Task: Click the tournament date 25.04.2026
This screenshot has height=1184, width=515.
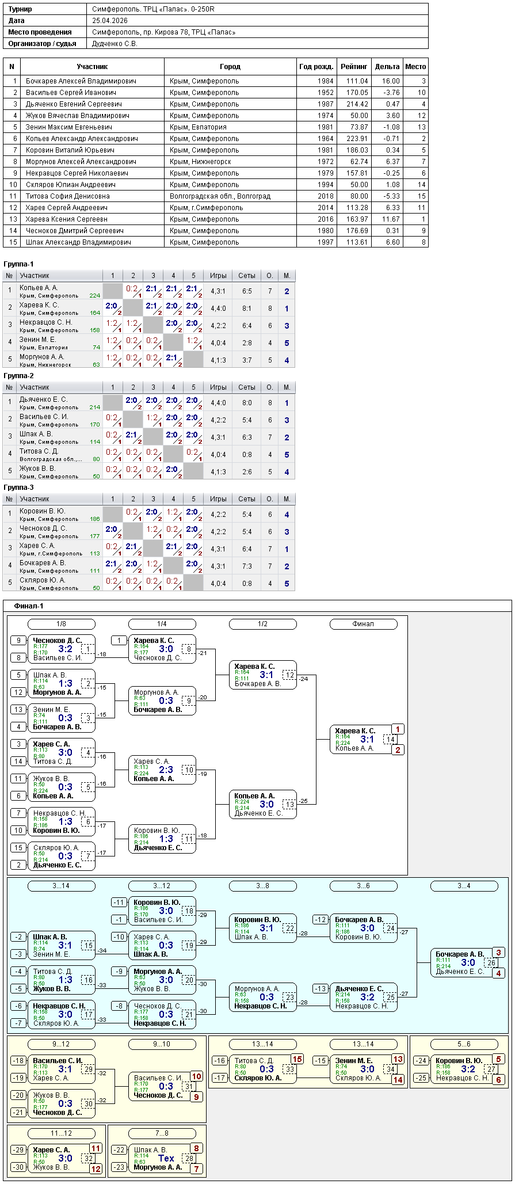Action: coord(110,21)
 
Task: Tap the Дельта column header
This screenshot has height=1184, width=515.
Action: coord(387,67)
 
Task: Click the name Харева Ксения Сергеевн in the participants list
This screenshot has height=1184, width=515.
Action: coord(67,219)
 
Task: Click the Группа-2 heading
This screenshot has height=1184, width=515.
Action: coord(19,376)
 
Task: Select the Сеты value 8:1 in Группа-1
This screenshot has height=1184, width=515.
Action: coord(247,309)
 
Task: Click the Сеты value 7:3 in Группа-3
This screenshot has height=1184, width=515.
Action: coord(247,566)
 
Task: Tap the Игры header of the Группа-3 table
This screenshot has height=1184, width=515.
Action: coord(218,499)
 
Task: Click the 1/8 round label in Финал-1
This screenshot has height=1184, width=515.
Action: coord(61,624)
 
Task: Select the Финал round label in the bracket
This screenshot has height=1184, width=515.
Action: coord(363,624)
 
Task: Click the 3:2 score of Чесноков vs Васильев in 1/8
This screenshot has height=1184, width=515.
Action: coord(66,649)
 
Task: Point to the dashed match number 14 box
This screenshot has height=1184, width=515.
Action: coord(391,740)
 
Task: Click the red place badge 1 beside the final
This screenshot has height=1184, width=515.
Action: coord(397,729)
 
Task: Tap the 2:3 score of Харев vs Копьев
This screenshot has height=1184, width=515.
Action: coord(166,770)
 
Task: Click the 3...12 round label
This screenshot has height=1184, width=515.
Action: coord(162,886)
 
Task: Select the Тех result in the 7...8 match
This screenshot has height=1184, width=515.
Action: coord(166,1158)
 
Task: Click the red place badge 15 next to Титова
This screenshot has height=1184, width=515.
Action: coord(296,1059)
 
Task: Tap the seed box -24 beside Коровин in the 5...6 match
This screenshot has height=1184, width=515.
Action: coord(422,1061)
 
